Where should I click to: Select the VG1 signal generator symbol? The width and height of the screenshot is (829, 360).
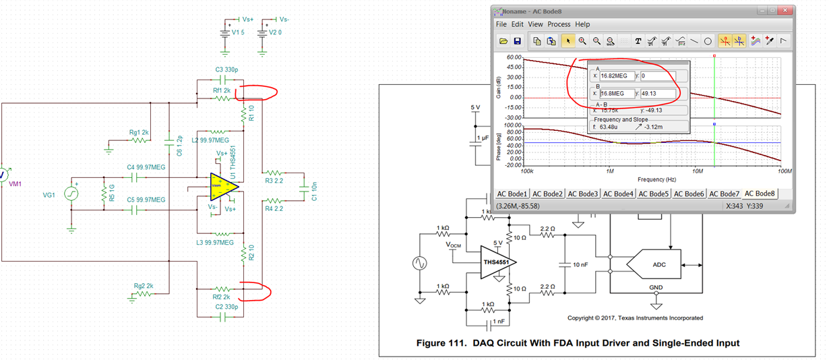71,194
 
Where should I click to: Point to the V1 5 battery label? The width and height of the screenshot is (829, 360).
238,32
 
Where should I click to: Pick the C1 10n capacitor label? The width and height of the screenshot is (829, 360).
315,191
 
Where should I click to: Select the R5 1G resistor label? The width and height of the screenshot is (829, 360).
105,194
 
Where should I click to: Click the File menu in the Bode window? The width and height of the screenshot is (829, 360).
501,24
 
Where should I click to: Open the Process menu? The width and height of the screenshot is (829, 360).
559,24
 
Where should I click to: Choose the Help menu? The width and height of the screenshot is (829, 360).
582,24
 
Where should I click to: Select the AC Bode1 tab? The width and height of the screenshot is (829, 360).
513,194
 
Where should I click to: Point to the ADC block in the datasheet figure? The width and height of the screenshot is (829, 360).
659,264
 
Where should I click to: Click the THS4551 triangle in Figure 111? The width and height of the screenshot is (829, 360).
497,262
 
